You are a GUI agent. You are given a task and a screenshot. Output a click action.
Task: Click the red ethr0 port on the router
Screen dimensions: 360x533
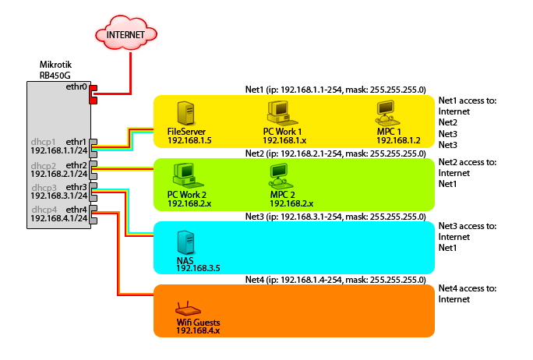tap(94, 94)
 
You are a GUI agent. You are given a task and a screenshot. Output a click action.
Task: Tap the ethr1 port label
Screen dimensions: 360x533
tap(76, 142)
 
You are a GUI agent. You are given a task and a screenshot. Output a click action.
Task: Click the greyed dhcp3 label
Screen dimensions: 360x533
tap(44, 188)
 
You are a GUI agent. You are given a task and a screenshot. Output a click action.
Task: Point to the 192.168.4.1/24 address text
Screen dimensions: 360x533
tap(59, 219)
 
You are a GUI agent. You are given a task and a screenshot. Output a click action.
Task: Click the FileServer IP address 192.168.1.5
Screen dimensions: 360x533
tap(190, 140)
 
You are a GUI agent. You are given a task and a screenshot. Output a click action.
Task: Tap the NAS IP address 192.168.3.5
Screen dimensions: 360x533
tap(198, 267)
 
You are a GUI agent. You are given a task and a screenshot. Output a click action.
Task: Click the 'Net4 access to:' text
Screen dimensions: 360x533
tap(467, 288)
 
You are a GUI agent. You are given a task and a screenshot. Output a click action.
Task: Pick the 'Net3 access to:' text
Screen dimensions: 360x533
tap(467, 226)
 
